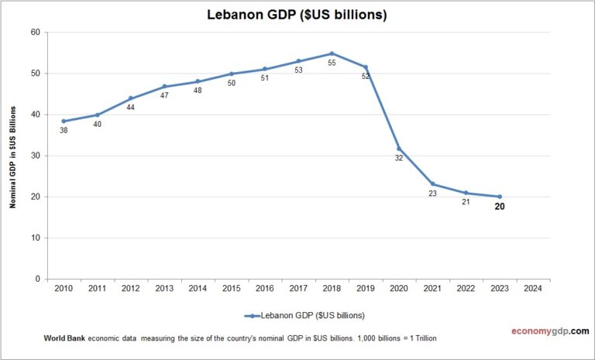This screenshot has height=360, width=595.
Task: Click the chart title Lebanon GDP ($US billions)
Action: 297,15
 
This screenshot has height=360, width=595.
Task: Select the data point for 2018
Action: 332,53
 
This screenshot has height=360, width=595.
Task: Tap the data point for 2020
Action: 398,149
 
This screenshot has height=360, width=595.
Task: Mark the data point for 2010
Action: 64,121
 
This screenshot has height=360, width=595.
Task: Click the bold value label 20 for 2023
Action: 500,207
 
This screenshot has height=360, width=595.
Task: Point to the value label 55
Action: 332,63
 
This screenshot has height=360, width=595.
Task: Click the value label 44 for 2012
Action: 130,108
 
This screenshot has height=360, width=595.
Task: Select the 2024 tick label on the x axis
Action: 533,289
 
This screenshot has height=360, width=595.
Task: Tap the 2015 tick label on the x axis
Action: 231,289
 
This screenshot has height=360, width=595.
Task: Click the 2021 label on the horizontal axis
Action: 432,289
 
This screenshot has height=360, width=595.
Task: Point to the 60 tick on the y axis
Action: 35,33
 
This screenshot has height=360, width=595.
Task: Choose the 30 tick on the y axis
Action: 35,156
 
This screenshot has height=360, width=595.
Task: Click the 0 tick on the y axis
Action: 37,279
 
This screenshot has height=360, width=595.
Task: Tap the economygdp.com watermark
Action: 545,331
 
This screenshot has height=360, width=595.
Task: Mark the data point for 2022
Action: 466,193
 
